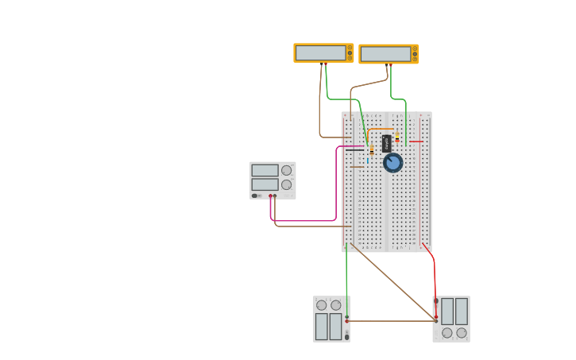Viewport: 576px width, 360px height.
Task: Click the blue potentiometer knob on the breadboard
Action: coord(392,163)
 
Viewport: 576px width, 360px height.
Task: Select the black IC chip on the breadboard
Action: coord(386,143)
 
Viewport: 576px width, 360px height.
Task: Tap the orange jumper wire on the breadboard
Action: coord(380,130)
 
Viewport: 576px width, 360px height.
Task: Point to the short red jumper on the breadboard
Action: coord(416,141)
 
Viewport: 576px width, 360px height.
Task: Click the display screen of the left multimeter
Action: coord(320,52)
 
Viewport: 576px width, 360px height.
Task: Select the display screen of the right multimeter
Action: coord(385,53)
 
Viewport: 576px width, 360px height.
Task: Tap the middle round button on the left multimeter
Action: coord(349,52)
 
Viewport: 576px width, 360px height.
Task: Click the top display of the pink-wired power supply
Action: coord(265,170)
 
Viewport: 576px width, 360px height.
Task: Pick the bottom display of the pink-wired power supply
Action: coord(265,184)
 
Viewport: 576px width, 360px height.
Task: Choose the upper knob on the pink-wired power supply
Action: coord(286,170)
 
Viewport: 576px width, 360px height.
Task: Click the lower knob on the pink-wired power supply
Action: coord(286,184)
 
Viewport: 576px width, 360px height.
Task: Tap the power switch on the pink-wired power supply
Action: coord(255,195)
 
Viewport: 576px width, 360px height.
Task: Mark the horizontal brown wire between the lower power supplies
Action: coord(389,321)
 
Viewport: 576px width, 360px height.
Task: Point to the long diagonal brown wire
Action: coord(393,282)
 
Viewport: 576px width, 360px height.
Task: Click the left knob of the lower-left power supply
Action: coord(321,305)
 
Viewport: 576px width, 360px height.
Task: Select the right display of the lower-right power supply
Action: coord(461,311)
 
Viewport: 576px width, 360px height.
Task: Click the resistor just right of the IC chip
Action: coord(397,138)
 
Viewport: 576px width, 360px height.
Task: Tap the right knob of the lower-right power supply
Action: coord(462,333)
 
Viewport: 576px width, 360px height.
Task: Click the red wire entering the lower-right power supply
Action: coord(435,278)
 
